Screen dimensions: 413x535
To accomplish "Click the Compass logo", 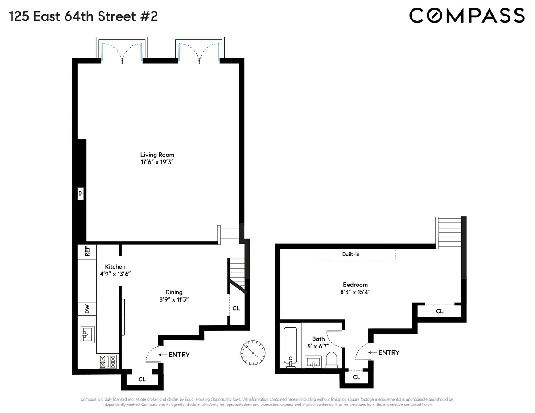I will coord(467,16).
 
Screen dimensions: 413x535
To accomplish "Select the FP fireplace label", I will coord(81,194).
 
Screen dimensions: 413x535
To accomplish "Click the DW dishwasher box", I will coord(87,309).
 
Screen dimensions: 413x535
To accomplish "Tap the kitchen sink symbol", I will coord(87,334).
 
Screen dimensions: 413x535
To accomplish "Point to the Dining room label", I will coord(174,292).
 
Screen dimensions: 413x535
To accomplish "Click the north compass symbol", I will coord(252,352).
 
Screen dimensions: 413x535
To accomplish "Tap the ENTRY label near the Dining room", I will coord(179,355).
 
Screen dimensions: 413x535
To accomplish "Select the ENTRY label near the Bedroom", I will coord(389,352).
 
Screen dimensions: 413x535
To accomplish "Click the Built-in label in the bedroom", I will coord(351,254).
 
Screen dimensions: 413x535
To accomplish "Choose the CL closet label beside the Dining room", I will coord(236,308).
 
